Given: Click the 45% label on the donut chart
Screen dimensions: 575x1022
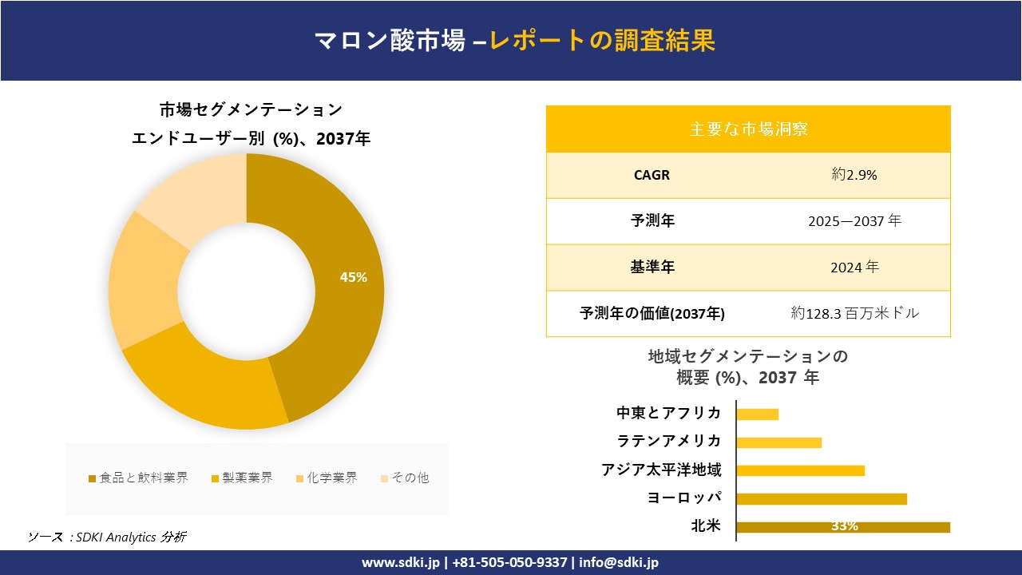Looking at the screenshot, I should coord(353,278).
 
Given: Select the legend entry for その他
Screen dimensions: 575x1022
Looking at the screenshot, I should coord(405,478).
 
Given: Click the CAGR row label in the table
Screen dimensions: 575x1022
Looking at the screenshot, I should coord(652,175).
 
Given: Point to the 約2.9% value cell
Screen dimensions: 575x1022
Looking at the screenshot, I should coord(854,175).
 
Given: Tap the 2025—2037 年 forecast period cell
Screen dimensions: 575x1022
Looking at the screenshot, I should coord(854,221).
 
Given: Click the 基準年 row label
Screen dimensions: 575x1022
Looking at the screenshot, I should coord(652,268).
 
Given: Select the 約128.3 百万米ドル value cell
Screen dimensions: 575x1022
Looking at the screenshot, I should coord(854,314).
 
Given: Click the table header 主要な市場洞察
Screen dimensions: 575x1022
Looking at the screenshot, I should coord(748,129).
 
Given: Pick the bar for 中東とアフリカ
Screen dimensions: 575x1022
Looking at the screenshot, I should coord(757,414).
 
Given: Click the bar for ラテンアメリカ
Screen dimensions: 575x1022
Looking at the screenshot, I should coord(778,442).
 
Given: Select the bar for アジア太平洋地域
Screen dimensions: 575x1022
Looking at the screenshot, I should coord(800,470).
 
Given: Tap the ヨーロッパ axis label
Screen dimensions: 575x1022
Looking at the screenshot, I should coord(684,498).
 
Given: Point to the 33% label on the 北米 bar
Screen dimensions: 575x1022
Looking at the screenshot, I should coord(844,526).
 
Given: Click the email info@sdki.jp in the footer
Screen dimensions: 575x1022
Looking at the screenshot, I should coord(619,562).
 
